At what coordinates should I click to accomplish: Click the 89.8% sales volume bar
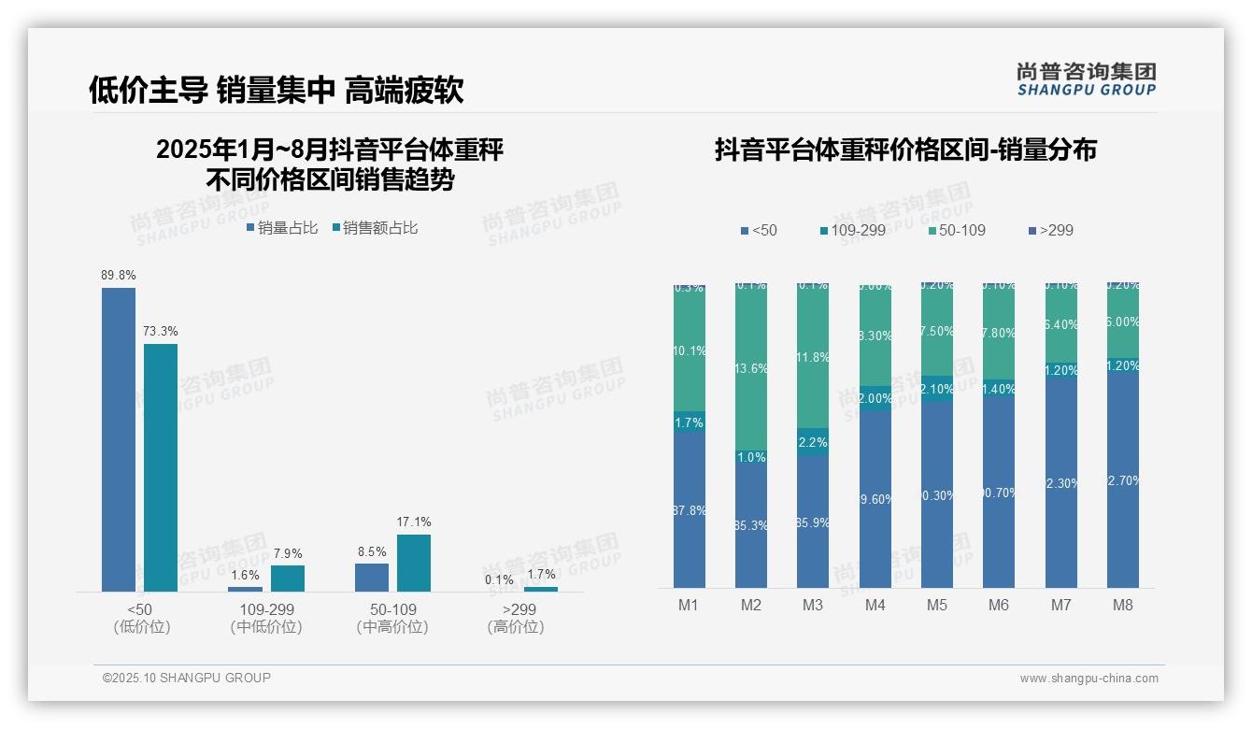[119, 439]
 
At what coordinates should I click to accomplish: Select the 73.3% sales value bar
[161, 467]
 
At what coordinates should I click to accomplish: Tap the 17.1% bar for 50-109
[414, 563]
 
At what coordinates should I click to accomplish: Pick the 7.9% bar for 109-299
[288, 579]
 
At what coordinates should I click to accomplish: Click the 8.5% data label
[372, 551]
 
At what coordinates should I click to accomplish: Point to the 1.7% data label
[541, 574]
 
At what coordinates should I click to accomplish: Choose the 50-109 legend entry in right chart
[958, 230]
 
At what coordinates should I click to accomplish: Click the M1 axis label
[689, 605]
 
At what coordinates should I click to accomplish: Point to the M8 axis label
[1123, 605]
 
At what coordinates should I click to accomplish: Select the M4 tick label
[875, 605]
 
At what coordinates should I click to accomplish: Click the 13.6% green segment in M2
[751, 368]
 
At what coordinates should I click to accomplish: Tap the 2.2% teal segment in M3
[813, 442]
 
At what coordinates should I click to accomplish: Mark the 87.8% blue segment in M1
[690, 509]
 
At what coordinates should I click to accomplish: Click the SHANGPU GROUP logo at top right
[1087, 79]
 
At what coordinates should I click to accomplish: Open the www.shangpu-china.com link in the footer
[1088, 679]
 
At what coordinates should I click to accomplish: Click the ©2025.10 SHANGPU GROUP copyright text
[187, 678]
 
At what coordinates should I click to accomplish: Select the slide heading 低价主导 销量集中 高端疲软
[277, 90]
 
